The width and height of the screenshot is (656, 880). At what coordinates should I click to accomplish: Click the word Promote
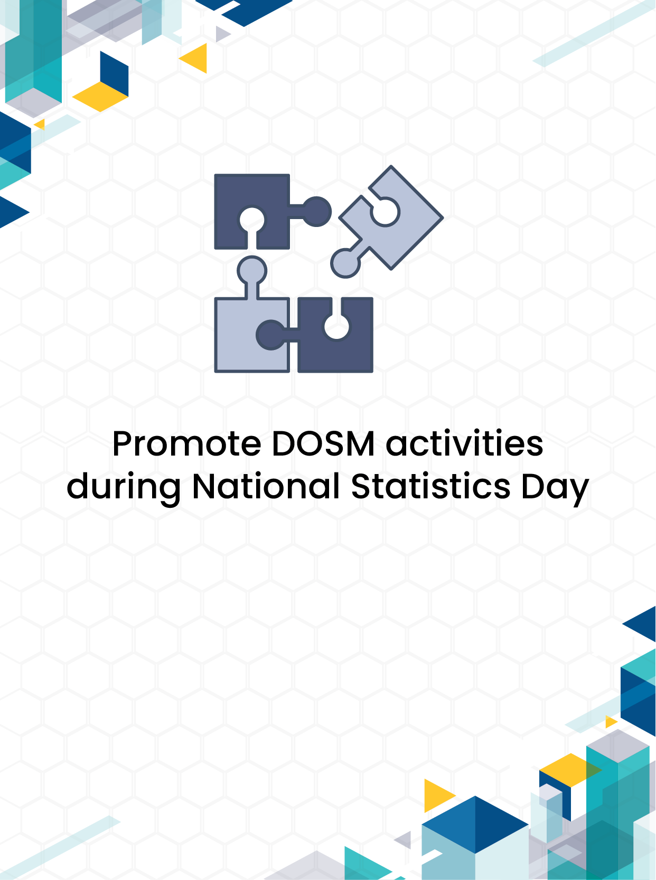click(186, 443)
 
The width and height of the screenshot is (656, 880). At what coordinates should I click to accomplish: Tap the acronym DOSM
click(323, 443)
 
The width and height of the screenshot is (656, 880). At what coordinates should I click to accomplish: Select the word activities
click(464, 443)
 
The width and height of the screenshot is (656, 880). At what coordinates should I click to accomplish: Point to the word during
click(124, 488)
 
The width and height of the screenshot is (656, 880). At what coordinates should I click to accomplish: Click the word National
click(266, 486)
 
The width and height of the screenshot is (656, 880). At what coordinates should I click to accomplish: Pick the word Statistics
click(430, 486)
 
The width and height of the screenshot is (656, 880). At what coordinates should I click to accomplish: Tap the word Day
click(555, 489)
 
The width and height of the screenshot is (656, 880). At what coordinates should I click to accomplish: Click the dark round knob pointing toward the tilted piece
click(316, 212)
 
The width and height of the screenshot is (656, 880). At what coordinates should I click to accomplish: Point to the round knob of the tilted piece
click(345, 263)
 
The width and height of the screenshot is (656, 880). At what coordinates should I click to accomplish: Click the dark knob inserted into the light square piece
click(271, 335)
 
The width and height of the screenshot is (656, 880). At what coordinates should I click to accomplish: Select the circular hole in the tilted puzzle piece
click(385, 212)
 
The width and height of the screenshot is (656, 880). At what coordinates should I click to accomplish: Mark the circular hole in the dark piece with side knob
click(252, 220)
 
